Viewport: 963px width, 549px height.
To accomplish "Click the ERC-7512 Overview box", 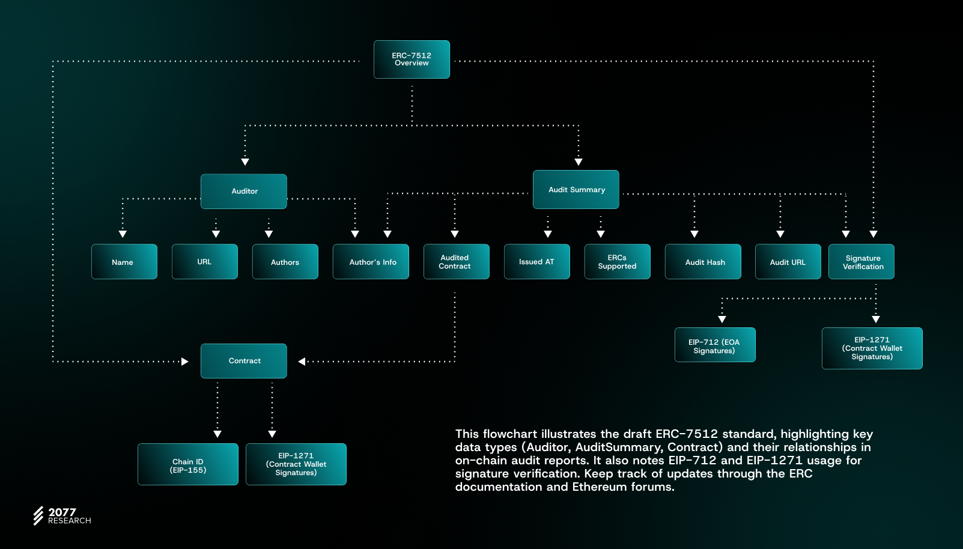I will [x=412, y=59].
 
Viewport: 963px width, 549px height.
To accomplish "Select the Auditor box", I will [x=244, y=192].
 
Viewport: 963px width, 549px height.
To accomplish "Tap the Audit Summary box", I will [x=576, y=190].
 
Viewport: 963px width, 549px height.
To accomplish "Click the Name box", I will [x=124, y=262].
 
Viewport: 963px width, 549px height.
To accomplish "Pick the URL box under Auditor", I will [x=205, y=262].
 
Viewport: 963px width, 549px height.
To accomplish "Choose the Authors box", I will [x=285, y=262].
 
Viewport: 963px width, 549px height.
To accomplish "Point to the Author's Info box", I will [x=371, y=262].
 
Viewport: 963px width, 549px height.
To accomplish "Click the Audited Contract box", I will [x=457, y=262].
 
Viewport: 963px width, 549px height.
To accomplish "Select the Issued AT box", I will [x=537, y=262].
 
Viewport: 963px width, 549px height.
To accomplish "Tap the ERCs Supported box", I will [x=618, y=262].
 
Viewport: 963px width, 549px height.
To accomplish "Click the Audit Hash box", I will [x=703, y=262].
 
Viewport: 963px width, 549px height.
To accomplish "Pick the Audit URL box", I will [x=788, y=262].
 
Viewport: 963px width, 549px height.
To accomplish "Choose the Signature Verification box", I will [x=861, y=262].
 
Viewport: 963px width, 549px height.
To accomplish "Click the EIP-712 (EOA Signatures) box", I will [x=715, y=345].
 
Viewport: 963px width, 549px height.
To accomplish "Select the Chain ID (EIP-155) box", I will [x=188, y=464].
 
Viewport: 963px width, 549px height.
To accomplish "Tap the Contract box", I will [x=244, y=361].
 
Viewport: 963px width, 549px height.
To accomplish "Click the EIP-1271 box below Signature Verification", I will [x=872, y=348].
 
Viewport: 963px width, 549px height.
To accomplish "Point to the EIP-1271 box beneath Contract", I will [x=296, y=464].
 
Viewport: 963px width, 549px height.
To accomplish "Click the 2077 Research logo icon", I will [x=38, y=515].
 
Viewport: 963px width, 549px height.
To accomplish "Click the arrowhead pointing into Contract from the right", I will [x=302, y=362].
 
